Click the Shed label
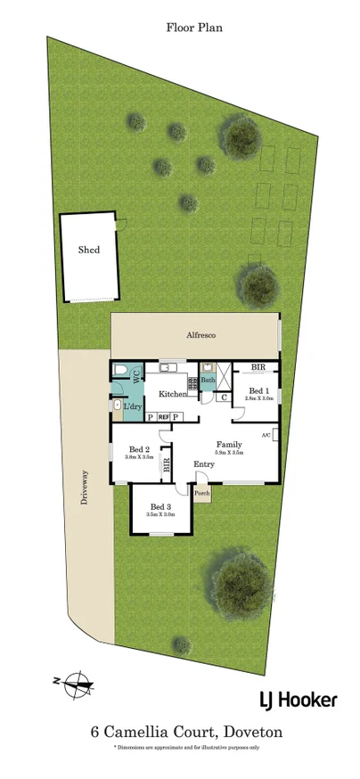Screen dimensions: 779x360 click(x=89, y=250)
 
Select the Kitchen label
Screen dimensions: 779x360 click(x=173, y=393)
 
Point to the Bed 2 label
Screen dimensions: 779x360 click(x=137, y=449)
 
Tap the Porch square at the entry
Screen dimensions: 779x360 click(x=202, y=493)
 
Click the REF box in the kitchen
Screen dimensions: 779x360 click(x=164, y=416)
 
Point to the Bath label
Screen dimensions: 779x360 click(x=207, y=381)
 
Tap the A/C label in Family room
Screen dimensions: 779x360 click(x=266, y=434)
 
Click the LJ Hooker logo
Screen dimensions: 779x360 click(x=299, y=699)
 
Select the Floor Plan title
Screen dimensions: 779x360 click(x=193, y=28)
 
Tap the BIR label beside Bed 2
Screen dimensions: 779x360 click(x=167, y=463)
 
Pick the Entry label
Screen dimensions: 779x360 click(x=204, y=464)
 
